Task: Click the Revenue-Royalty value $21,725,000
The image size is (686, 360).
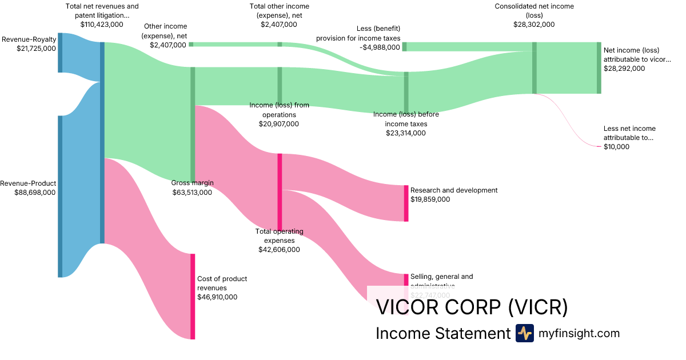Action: pos(37,49)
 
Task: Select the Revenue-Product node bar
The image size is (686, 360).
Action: pos(60,196)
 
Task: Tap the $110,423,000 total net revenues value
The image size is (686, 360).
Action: pos(102,25)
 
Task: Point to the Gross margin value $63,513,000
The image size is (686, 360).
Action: pos(192,193)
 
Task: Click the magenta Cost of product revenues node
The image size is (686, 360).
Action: pos(193,296)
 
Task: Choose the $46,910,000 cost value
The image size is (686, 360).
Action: pos(217,297)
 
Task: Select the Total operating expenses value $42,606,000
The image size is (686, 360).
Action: pos(279,250)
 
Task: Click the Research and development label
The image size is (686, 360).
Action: pos(454,190)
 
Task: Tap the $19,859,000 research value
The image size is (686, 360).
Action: pos(430,199)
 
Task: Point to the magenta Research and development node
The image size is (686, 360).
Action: pos(406,203)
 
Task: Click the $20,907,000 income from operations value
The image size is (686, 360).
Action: pos(279,123)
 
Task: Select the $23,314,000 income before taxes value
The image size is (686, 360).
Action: pos(406,133)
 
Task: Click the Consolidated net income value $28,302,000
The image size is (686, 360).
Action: pos(534,25)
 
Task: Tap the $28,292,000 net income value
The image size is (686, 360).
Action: pos(624,69)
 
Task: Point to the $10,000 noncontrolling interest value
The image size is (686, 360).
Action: pos(616,147)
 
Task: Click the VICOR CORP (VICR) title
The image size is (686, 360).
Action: pos(472,307)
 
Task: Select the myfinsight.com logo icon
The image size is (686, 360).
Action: pos(524,333)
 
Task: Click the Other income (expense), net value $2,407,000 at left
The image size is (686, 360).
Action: pos(168,45)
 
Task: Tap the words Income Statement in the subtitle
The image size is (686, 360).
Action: pos(442,333)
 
